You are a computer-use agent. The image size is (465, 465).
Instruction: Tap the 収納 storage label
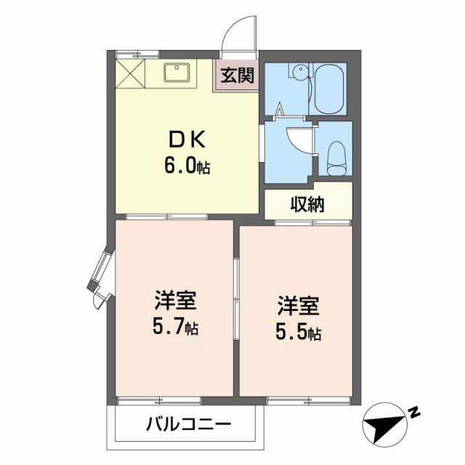tap(308, 203)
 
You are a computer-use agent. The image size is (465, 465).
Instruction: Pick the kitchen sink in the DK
tap(177, 73)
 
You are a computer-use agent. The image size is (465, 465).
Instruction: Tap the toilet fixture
tap(336, 155)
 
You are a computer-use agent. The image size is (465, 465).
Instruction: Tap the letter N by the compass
tap(414, 413)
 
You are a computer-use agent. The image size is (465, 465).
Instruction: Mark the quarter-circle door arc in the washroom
tap(299, 141)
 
